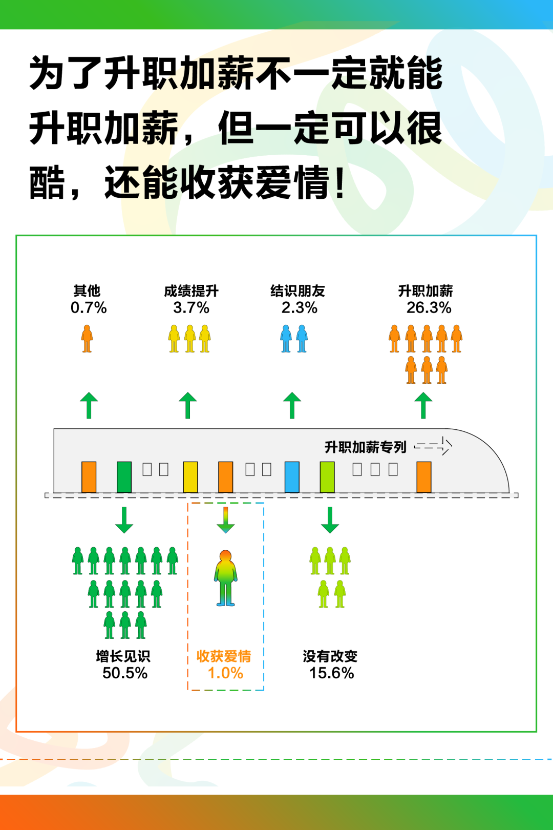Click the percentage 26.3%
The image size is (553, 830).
(429, 307)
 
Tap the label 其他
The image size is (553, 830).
(87, 291)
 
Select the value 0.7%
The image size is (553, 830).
(89, 307)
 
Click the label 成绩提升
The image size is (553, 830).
(191, 291)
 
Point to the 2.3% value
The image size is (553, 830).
(299, 307)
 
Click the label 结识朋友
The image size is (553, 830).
(297, 291)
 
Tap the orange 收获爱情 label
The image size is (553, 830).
(224, 656)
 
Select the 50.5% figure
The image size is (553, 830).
(125, 673)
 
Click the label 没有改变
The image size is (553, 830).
(330, 656)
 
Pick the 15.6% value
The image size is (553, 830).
(331, 673)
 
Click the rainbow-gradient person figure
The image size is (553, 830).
(225, 578)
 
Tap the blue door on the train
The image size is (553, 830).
(292, 477)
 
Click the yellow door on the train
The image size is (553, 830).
(190, 477)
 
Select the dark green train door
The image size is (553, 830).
(124, 477)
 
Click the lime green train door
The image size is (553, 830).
(327, 477)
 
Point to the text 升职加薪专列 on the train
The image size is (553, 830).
(365, 447)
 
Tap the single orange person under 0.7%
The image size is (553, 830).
(87, 339)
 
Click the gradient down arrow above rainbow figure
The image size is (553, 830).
(226, 520)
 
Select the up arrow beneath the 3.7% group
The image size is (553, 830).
(188, 405)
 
